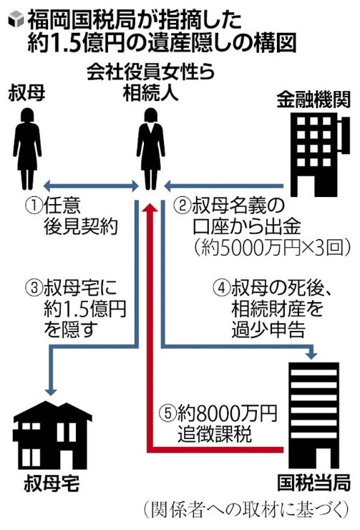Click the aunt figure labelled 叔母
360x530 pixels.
pyautogui.click(x=27, y=149)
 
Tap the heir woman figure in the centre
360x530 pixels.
pyautogui.click(x=150, y=149)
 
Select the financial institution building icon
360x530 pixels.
pyautogui.click(x=316, y=155)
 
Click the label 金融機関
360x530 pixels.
pyautogui.click(x=313, y=100)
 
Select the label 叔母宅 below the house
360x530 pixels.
pyautogui.click(x=52, y=483)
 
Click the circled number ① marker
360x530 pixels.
pyautogui.click(x=34, y=206)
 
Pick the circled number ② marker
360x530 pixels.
pyautogui.click(x=182, y=206)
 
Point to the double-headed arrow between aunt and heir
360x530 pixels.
pyautogui.click(x=91, y=185)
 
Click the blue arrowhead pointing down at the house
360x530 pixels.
pyautogui.click(x=52, y=390)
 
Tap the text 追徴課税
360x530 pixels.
pyautogui.click(x=215, y=433)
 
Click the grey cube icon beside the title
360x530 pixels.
pyautogui.click(x=15, y=21)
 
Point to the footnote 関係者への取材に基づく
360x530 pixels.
pyautogui.click(x=245, y=510)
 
